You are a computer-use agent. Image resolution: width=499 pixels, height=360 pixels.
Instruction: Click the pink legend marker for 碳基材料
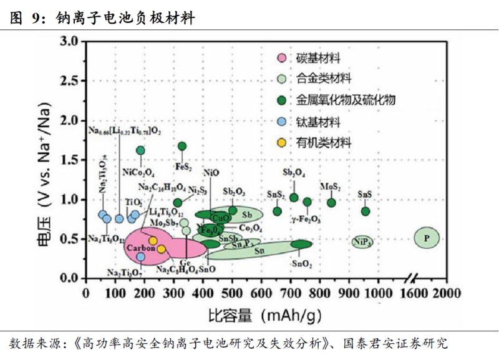click(x=282, y=59)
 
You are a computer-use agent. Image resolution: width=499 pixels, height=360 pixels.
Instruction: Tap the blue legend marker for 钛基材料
click(x=282, y=121)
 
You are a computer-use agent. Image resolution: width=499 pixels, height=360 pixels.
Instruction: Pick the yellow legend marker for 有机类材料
click(x=282, y=142)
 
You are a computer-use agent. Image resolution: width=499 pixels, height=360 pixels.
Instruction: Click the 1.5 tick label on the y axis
click(x=70, y=160)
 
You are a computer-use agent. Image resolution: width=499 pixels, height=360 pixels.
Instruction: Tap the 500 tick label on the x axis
click(x=233, y=293)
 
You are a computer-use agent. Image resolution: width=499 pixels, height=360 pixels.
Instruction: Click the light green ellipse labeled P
click(x=427, y=238)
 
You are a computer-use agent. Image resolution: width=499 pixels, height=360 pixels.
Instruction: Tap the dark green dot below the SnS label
click(x=366, y=211)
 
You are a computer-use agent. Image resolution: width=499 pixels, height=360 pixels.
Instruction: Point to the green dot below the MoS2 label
click(x=331, y=202)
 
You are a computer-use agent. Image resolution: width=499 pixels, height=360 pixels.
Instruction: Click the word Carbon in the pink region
click(x=136, y=248)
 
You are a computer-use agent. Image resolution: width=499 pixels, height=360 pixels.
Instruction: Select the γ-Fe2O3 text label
click(x=306, y=220)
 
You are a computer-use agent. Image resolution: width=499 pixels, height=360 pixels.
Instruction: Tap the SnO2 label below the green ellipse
click(x=301, y=264)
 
